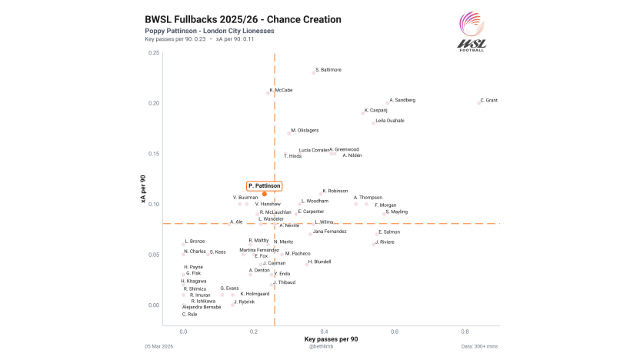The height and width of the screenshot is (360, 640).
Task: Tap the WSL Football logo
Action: coord(472,32)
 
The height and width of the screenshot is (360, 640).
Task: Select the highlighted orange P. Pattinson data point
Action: coord(264,194)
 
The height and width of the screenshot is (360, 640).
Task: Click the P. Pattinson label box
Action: coord(264,185)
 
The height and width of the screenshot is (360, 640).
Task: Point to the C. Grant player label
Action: coord(488,100)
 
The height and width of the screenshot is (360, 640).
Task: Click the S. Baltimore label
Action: coord(328,70)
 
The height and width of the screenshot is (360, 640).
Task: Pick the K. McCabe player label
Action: coord(281,90)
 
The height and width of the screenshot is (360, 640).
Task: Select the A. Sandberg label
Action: coord(402,100)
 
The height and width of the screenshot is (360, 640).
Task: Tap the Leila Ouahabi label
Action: coord(390,121)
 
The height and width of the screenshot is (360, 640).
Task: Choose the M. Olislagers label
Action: coord(305,131)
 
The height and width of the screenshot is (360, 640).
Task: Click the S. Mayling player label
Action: coord(397,212)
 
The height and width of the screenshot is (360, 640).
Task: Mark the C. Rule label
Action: coord(190,314)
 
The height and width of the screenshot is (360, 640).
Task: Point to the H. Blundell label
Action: coord(319,262)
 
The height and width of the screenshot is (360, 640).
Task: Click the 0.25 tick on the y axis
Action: coord(155,53)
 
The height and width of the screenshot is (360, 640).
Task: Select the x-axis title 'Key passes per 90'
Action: coord(331,339)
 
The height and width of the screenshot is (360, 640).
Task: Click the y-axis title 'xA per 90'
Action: coord(143,189)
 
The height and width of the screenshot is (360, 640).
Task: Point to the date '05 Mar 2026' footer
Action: coord(158,347)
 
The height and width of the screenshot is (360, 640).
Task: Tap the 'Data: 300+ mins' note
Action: coord(479,347)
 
